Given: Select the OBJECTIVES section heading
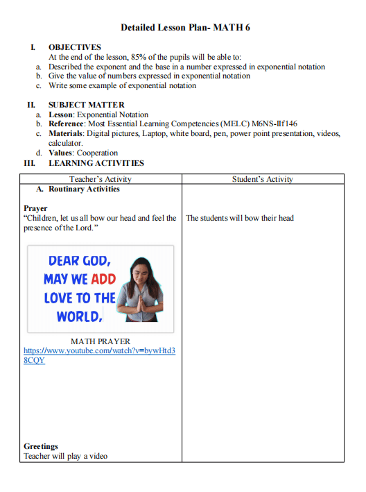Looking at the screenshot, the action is click(x=74, y=47).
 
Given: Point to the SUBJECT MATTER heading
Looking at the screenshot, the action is click(x=86, y=105).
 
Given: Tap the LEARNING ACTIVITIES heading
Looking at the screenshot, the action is click(x=96, y=163).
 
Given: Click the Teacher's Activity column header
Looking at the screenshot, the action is click(x=101, y=179).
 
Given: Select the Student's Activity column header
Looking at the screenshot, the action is click(x=262, y=179).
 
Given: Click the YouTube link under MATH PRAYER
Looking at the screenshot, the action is click(x=99, y=355).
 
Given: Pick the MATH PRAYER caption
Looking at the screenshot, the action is click(x=101, y=341).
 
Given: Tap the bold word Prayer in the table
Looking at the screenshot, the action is click(x=35, y=208).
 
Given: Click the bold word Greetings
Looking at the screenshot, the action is click(x=41, y=446).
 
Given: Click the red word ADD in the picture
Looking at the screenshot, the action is click(x=103, y=279).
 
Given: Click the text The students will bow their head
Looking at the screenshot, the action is click(x=240, y=218).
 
